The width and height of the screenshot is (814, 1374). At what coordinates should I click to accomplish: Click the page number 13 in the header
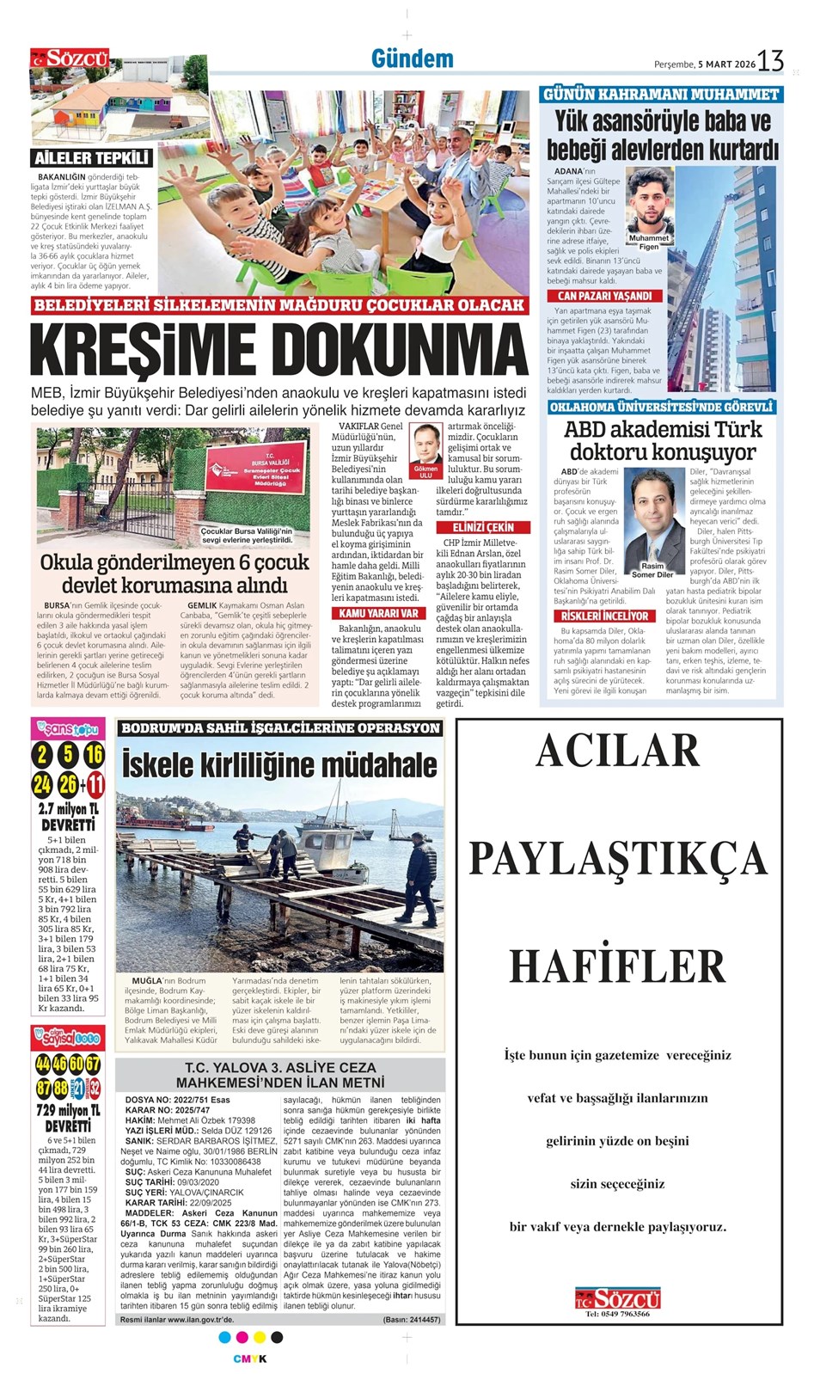(770, 61)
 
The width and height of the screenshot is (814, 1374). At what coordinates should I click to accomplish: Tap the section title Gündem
(412, 58)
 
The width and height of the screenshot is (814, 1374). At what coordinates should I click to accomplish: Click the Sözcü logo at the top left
(70, 58)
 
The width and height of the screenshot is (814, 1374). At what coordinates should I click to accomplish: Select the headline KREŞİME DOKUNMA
(279, 348)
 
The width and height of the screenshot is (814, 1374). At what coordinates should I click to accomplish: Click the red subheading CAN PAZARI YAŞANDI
(605, 296)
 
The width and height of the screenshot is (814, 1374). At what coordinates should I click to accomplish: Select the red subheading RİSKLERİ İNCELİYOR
(604, 616)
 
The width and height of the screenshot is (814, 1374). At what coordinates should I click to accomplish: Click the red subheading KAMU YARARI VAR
(378, 613)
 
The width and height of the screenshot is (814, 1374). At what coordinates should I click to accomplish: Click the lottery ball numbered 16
(94, 755)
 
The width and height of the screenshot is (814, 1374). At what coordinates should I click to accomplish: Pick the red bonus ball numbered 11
(95, 784)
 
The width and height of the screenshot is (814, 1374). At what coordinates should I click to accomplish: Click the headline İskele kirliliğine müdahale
(279, 764)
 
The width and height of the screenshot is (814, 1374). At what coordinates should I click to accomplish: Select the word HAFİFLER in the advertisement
(618, 966)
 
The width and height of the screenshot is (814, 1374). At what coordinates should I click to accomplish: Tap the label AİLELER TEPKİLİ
(93, 157)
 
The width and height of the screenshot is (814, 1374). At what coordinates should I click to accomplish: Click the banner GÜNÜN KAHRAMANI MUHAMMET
(660, 94)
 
